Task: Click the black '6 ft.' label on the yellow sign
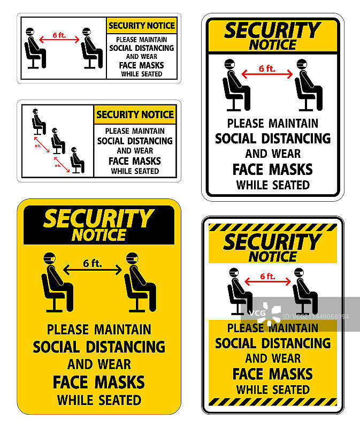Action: point(93,263)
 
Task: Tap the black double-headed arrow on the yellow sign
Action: point(93,270)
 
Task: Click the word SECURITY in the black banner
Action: point(99,218)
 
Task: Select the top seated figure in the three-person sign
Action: point(39,122)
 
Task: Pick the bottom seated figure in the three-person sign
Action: point(78,160)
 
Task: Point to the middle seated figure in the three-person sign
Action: point(58,141)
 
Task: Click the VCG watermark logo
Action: point(265,314)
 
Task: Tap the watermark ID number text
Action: point(316,317)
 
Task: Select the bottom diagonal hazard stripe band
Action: point(273,402)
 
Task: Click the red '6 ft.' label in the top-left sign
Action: point(59,35)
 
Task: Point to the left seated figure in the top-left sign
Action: point(35,48)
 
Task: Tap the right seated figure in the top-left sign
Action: point(92,48)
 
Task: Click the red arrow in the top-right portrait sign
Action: point(267,74)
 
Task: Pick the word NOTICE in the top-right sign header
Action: point(273,45)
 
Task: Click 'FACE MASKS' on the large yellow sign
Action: point(99,382)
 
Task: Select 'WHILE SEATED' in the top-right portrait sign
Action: point(273,185)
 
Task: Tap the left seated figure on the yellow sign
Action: point(57,282)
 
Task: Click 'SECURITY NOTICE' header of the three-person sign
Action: point(135,114)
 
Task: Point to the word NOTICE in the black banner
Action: point(99,235)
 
